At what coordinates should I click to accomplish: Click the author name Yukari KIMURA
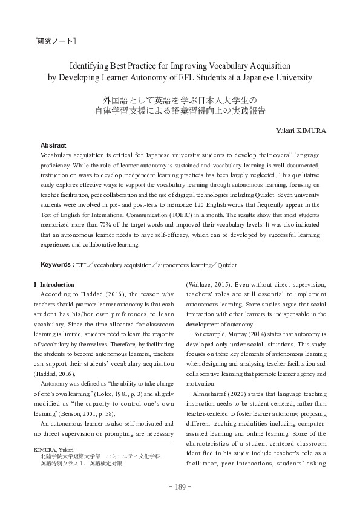(x=301, y=129)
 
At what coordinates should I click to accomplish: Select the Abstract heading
(x=53, y=146)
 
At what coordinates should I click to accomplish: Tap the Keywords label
(x=56, y=265)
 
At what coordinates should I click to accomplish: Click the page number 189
(x=180, y=487)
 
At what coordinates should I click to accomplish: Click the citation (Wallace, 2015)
(x=207, y=284)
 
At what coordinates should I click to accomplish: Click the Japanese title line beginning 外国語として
(x=180, y=100)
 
